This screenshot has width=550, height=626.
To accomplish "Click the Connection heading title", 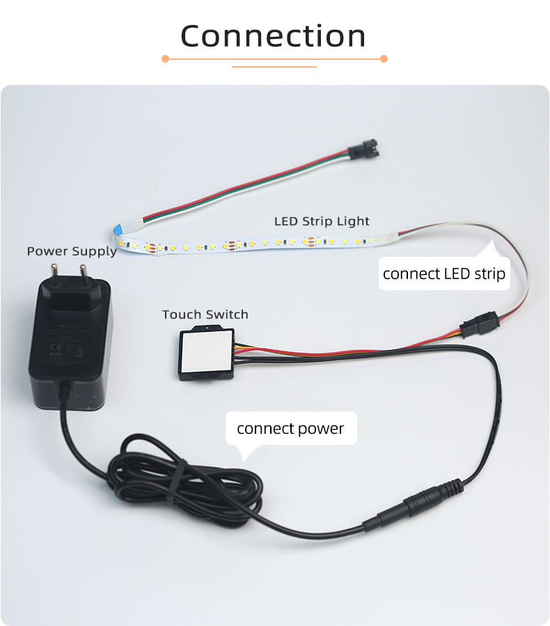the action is click(274, 36).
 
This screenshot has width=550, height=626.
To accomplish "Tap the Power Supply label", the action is click(72, 251).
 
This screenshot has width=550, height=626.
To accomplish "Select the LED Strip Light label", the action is click(322, 221).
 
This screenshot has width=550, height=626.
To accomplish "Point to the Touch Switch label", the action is click(205, 315).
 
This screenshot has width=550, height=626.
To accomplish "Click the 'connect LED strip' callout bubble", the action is click(444, 274).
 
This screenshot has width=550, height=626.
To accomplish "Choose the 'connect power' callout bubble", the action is click(290, 428).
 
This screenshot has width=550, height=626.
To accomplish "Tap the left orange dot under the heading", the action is click(165, 59).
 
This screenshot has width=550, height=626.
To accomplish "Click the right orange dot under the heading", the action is click(384, 59).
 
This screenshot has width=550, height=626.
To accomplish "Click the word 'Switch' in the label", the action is click(226, 315).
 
